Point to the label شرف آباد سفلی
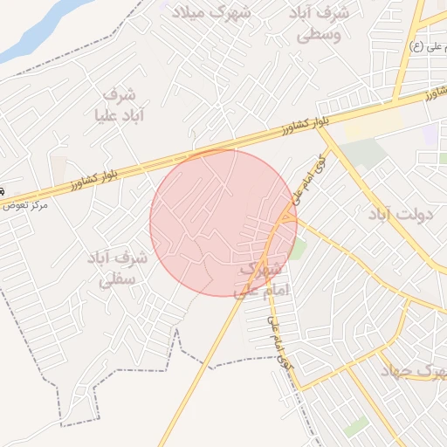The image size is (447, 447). (117, 269)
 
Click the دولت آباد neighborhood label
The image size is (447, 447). (401, 213)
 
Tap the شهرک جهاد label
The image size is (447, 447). (412, 370)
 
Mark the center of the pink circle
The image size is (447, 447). (223, 223)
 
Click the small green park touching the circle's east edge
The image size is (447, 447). (298, 249)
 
